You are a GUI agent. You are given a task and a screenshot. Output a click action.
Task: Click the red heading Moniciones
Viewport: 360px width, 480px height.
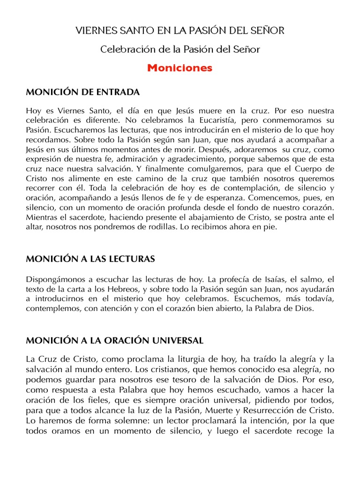pyautogui.click(x=180, y=68)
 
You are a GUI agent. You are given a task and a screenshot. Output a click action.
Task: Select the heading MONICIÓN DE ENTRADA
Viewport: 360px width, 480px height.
pyautogui.click(x=82, y=92)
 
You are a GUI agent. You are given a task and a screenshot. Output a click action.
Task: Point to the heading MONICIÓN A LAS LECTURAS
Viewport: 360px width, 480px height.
pyautogui.click(x=90, y=259)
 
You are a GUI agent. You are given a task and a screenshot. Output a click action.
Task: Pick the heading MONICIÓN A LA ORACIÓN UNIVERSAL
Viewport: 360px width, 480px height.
pyautogui.click(x=114, y=339)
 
